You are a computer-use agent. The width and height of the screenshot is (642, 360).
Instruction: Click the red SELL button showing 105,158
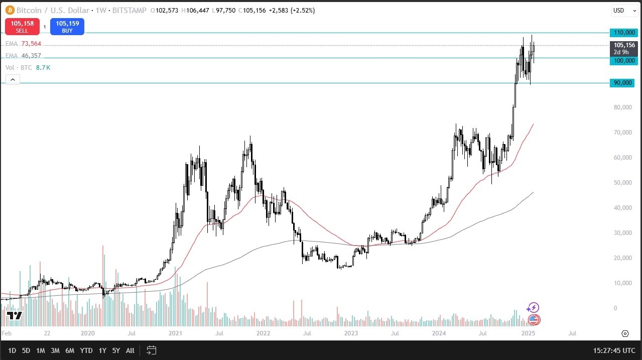[22, 26]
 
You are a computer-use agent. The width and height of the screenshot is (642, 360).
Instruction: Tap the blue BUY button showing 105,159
[67, 26]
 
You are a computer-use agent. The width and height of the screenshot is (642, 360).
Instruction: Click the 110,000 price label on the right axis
[623, 33]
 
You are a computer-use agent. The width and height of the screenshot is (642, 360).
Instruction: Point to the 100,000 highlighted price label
[623, 61]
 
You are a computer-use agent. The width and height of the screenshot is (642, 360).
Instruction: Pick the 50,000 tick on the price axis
[622, 183]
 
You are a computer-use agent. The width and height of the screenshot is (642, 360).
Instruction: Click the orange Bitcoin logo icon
[10, 10]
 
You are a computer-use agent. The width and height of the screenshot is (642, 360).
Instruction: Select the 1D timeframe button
[12, 350]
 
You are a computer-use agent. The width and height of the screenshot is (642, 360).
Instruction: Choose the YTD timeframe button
[86, 350]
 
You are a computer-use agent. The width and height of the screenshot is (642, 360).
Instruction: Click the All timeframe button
[130, 350]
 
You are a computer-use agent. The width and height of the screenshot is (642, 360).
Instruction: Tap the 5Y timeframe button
[116, 350]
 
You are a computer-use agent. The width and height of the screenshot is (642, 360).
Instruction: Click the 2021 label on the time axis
[176, 333]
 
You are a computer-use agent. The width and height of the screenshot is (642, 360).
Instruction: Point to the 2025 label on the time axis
[528, 333]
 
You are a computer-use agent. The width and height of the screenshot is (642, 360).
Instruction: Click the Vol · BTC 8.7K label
[28, 67]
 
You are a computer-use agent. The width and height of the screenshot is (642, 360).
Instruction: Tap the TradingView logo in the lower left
[14, 315]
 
